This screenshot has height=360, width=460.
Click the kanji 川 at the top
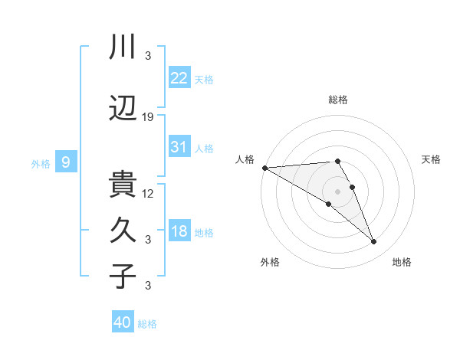pyautogui.click(x=123, y=47)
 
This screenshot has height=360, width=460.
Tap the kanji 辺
pyautogui.click(x=123, y=110)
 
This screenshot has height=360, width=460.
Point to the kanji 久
pyautogui.click(x=123, y=231)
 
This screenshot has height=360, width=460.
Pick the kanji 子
pyautogui.click(x=123, y=276)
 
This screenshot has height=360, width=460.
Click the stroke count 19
pyautogui.click(x=148, y=117)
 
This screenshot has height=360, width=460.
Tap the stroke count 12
pyautogui.click(x=148, y=193)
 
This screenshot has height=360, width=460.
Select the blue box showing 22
pyautogui.click(x=179, y=78)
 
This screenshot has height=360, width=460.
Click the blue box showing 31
pyautogui.click(x=179, y=147)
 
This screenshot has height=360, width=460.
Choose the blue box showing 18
pyautogui.click(x=179, y=231)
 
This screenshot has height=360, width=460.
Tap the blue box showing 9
pyautogui.click(x=66, y=162)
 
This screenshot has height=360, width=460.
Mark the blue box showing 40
pyautogui.click(x=122, y=322)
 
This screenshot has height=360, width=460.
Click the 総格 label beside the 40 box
pyautogui.click(x=147, y=324)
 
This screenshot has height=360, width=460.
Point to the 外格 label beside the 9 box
pyautogui.click(x=41, y=163)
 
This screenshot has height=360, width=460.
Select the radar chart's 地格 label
pyautogui.click(x=402, y=262)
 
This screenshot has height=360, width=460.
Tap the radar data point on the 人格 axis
pyautogui.click(x=264, y=168)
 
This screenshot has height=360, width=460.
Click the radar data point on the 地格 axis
pyautogui.click(x=373, y=242)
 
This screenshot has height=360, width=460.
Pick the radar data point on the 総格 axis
pyautogui.click(x=337, y=161)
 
